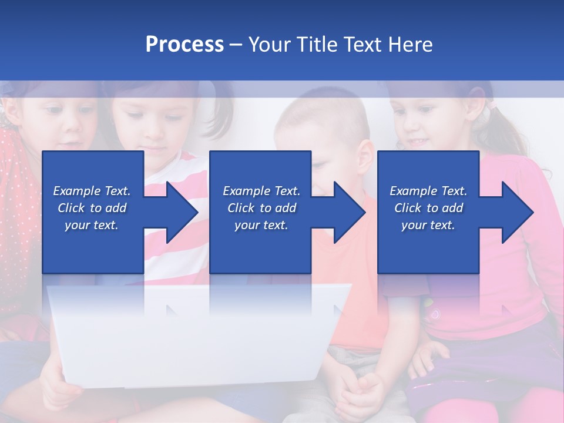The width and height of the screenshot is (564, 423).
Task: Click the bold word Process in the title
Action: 184,45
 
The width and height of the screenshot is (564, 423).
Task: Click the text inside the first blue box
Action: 92,208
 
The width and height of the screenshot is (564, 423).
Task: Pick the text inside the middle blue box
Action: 261,208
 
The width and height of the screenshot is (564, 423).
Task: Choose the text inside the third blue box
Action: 428,208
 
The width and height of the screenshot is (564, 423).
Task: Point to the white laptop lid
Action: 194,335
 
